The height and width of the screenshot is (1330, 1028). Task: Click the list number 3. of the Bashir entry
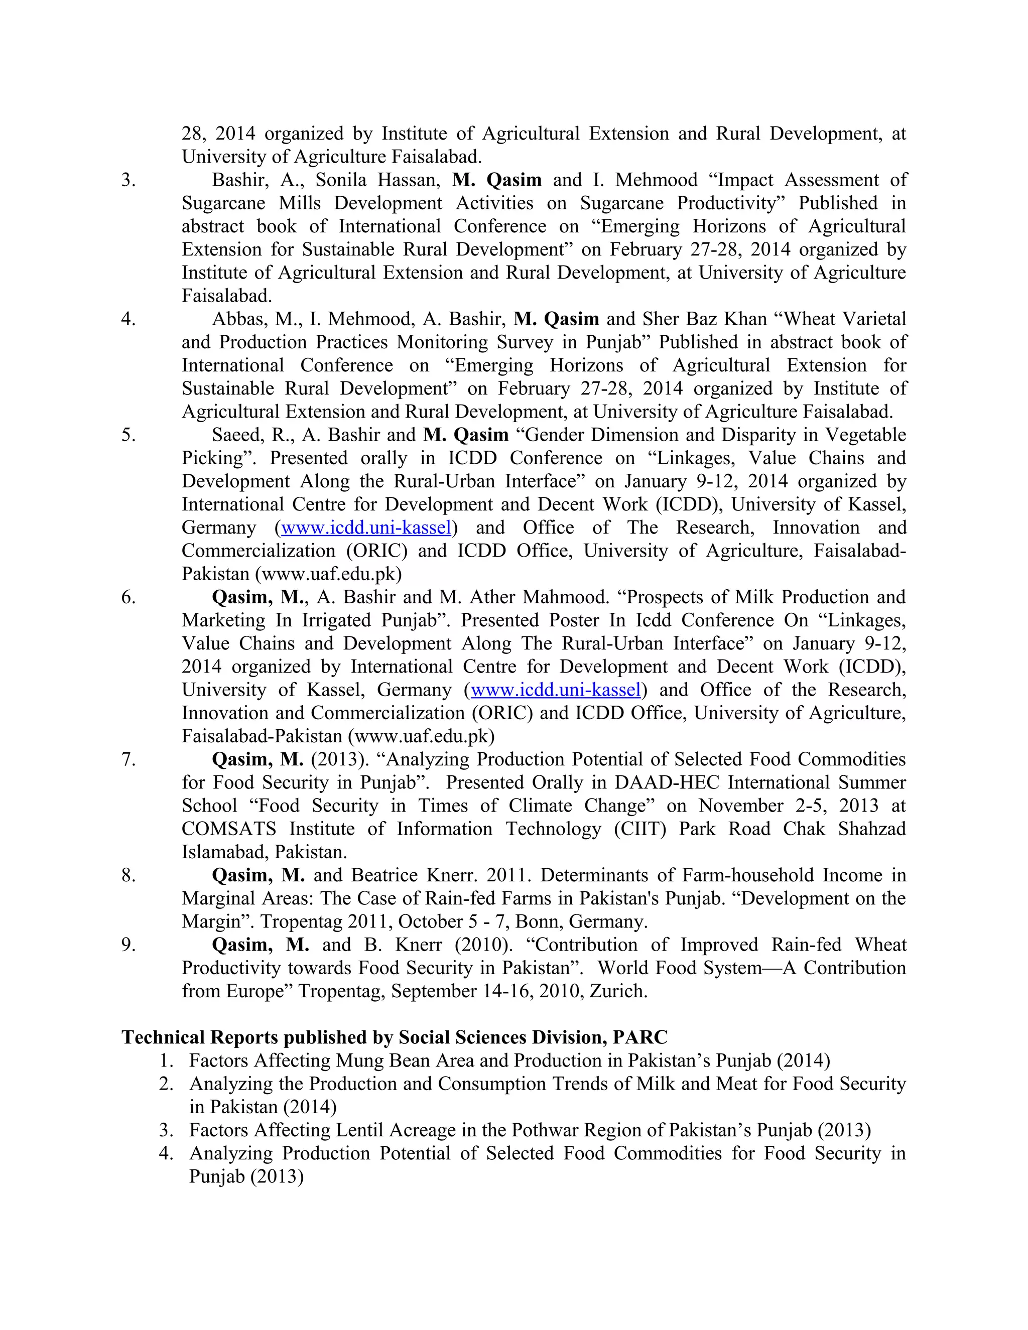click(128, 180)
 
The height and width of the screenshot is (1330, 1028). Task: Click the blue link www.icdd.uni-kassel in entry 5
click(366, 527)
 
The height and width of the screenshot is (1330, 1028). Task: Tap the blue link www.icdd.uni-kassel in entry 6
click(556, 690)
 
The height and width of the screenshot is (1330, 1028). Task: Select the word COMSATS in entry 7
click(228, 829)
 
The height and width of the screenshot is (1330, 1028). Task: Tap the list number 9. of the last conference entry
click(128, 945)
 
